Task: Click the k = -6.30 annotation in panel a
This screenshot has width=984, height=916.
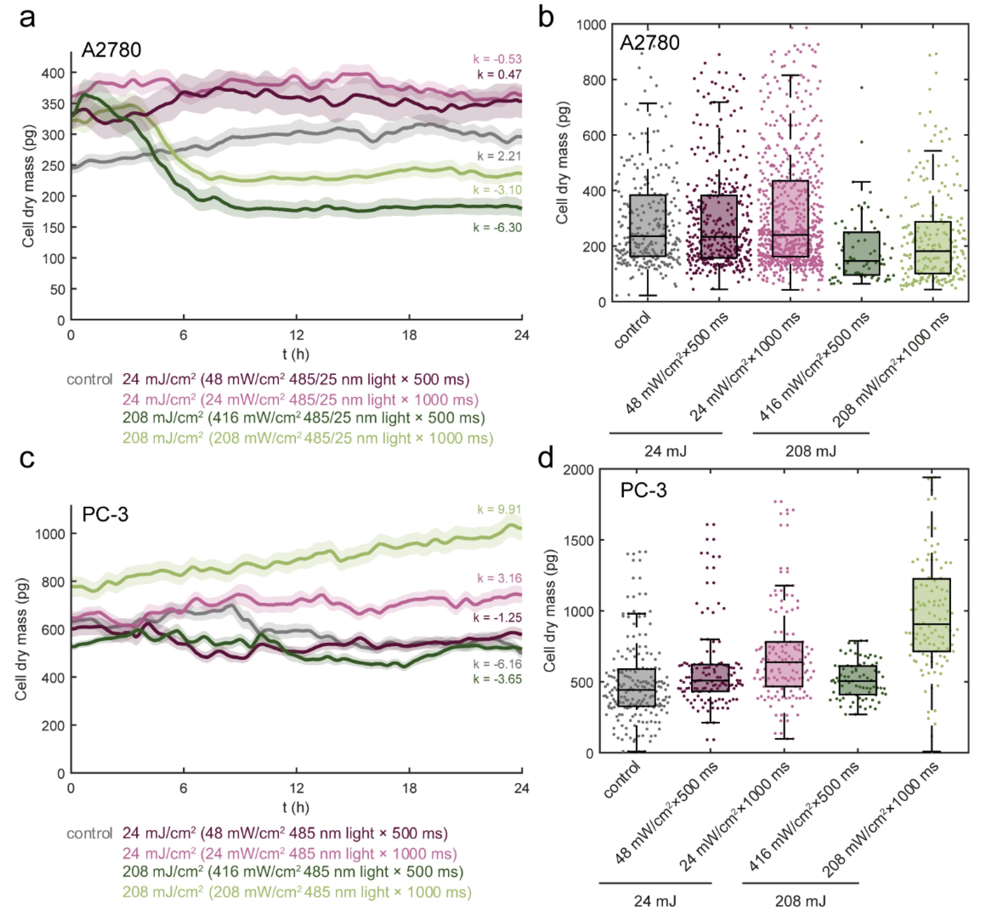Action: (497, 228)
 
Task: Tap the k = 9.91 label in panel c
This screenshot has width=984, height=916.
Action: (499, 510)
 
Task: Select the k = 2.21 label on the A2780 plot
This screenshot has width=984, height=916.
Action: (499, 156)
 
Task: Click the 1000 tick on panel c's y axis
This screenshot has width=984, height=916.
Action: (50, 534)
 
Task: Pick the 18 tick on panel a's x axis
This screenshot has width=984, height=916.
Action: (409, 336)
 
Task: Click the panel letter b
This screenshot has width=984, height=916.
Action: (546, 19)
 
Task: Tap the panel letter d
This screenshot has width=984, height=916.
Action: (546, 458)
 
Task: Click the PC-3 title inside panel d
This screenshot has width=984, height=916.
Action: (643, 491)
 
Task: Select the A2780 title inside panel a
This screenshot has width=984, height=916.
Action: (111, 50)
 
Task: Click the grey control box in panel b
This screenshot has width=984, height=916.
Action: (647, 225)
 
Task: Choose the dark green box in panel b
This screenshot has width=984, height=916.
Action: (862, 253)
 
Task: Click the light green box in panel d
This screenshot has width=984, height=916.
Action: (932, 615)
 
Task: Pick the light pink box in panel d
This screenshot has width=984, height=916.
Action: (784, 664)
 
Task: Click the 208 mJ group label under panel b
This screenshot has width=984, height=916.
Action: (811, 451)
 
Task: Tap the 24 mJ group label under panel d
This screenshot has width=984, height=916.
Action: (655, 901)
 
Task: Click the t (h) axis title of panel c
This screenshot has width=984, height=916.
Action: (296, 808)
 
